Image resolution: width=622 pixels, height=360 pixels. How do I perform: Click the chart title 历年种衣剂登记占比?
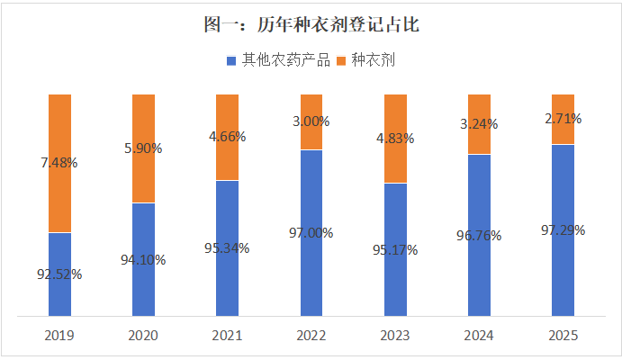tap(311, 25)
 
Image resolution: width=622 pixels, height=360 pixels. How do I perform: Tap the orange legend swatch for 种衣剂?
tap(341, 61)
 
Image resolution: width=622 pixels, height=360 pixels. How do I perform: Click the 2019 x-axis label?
tap(59, 335)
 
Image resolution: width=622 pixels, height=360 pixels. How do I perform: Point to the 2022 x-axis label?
tap(311, 335)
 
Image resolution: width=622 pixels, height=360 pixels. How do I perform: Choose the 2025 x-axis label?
tap(563, 335)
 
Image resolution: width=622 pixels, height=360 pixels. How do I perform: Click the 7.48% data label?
tap(59, 164)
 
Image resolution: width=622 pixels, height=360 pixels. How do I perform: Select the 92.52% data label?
tap(59, 274)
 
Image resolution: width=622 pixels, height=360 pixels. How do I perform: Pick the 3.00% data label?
tap(311, 121)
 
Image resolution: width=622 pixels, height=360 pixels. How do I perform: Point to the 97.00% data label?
tap(311, 232)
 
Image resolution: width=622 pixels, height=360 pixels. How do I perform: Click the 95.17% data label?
tap(395, 250)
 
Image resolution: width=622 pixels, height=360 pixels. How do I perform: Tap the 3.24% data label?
tap(479, 124)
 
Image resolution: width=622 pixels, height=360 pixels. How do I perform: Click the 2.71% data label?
tap(563, 119)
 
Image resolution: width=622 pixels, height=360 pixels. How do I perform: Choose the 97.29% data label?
tap(563, 230)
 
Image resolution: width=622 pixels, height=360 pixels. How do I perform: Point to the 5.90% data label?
tap(143, 148)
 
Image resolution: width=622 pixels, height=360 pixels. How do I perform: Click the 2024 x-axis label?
tap(479, 335)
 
